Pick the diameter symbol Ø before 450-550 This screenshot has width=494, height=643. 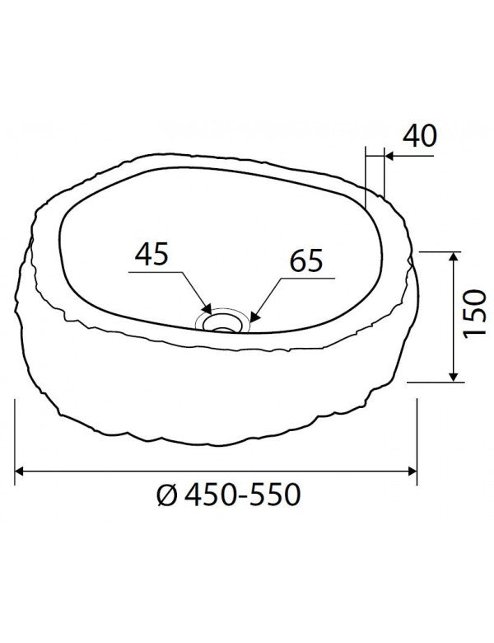point(165,495)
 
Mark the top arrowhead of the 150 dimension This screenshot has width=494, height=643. point(453,256)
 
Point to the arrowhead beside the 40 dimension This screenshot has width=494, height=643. point(388,155)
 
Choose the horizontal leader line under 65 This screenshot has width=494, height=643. point(305,279)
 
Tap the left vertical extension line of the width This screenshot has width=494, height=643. point(16,437)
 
